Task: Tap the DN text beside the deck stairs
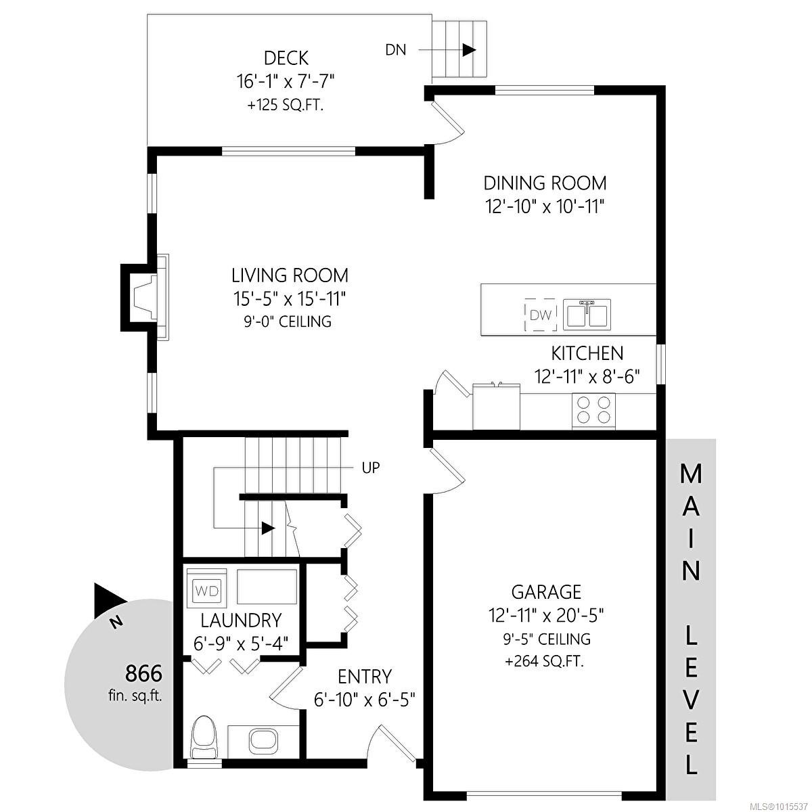pyautogui.click(x=396, y=50)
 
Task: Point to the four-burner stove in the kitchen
pyautogui.click(x=593, y=409)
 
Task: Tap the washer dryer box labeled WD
pyautogui.click(x=206, y=591)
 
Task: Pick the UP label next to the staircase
pyautogui.click(x=371, y=468)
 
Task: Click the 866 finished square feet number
pyautogui.click(x=143, y=674)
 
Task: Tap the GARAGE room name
pyautogui.click(x=546, y=592)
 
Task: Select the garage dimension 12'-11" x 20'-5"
pyautogui.click(x=546, y=615)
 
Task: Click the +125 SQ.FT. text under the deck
pyautogui.click(x=285, y=106)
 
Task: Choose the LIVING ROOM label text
pyautogui.click(x=290, y=275)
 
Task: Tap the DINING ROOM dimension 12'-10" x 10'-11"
pyautogui.click(x=544, y=206)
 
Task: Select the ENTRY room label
pyautogui.click(x=365, y=676)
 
